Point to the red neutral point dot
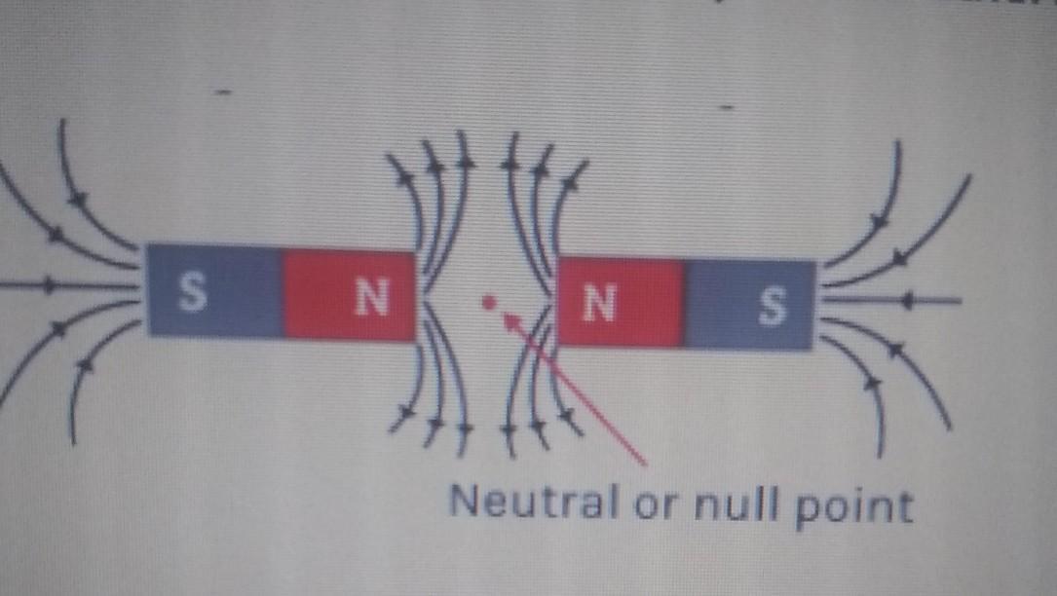pyautogui.click(x=487, y=302)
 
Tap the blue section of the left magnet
pyautogui.click(x=214, y=290)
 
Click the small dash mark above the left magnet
pyautogui.click(x=223, y=92)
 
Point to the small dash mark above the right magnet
pyautogui.click(x=726, y=100)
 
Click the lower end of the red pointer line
pyautogui.click(x=645, y=461)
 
